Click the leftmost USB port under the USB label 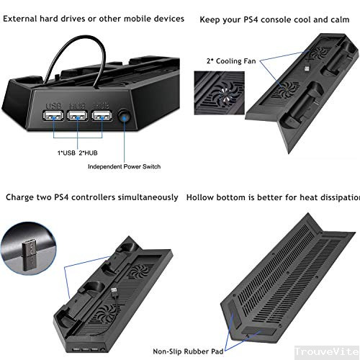tap(54, 117)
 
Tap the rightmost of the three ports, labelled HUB tap(101, 117)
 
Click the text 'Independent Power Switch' tap(124, 166)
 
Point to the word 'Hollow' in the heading tap(204, 197)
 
